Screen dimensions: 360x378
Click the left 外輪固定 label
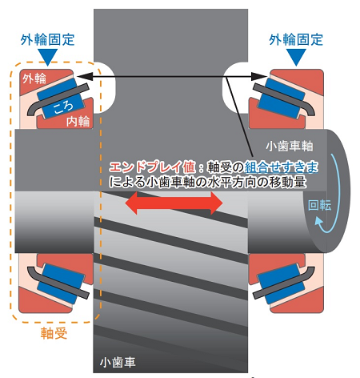47,40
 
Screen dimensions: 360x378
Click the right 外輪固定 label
296,40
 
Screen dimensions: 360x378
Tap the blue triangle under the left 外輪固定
47,57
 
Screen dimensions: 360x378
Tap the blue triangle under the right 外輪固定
296,57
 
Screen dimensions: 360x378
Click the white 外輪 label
34,78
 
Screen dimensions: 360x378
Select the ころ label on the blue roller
63,107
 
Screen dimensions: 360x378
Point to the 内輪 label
78,121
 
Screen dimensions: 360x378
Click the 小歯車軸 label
290,146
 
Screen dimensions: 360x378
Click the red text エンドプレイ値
153,167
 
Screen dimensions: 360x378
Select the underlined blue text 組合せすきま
281,167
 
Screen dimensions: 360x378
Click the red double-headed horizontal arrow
174,203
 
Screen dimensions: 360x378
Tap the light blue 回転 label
319,205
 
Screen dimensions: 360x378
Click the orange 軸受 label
54,333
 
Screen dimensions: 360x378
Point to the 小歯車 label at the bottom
118,362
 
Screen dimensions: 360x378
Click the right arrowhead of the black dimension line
259,77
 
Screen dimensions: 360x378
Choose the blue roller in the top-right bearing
282,98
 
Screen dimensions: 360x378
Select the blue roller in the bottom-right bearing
282,283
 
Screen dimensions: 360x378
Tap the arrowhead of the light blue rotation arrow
318,222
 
